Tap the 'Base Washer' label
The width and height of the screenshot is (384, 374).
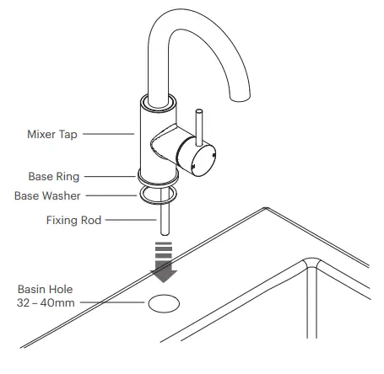(47, 195)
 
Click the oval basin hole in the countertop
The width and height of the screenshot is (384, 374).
(163, 303)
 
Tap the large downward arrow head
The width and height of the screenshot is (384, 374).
(164, 272)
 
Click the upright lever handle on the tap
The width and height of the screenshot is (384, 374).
(201, 125)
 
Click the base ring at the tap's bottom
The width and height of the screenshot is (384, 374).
(155, 177)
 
